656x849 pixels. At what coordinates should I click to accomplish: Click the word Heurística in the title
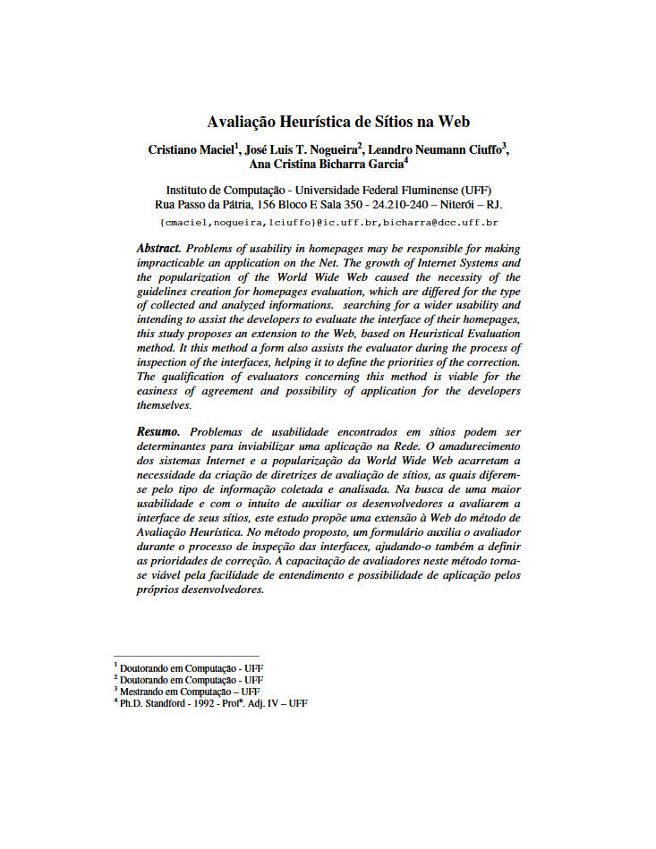(315, 122)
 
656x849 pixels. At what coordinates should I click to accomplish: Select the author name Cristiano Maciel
(190, 149)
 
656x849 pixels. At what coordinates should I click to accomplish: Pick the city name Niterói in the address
(460, 204)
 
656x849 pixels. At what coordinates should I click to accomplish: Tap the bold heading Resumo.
(158, 431)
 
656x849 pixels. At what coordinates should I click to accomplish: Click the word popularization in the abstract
(196, 277)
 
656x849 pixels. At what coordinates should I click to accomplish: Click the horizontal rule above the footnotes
(185, 656)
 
